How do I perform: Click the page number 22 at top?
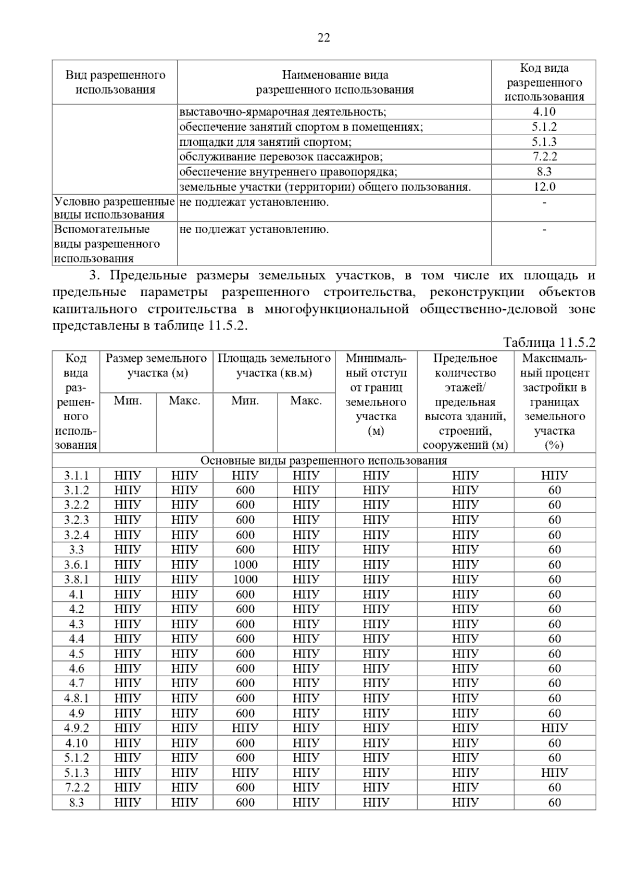pyautogui.click(x=323, y=37)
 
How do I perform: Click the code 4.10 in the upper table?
pyautogui.click(x=544, y=111)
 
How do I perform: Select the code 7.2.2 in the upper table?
pyautogui.click(x=544, y=157)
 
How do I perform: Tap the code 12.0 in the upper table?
pyautogui.click(x=544, y=187)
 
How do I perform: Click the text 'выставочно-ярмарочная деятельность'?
pyautogui.click(x=282, y=112)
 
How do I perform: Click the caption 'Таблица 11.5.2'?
pyautogui.click(x=548, y=343)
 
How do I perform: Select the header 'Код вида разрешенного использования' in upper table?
pyautogui.click(x=544, y=82)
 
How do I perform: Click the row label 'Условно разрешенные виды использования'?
pyautogui.click(x=114, y=208)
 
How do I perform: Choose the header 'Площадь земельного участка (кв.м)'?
pyautogui.click(x=274, y=365)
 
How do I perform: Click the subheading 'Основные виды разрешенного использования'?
pyautogui.click(x=323, y=461)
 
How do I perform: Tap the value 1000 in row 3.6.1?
pyautogui.click(x=245, y=564)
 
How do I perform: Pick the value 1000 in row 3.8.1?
pyautogui.click(x=245, y=579)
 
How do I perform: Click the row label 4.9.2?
pyautogui.click(x=76, y=728)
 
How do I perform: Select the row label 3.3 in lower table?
pyautogui.click(x=76, y=549)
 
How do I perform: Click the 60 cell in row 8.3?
pyautogui.click(x=554, y=802)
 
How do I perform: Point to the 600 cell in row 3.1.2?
pyautogui.click(x=245, y=490)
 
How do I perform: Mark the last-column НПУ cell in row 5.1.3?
pyautogui.click(x=554, y=773)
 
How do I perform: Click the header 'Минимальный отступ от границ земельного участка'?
pyautogui.click(x=376, y=395)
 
